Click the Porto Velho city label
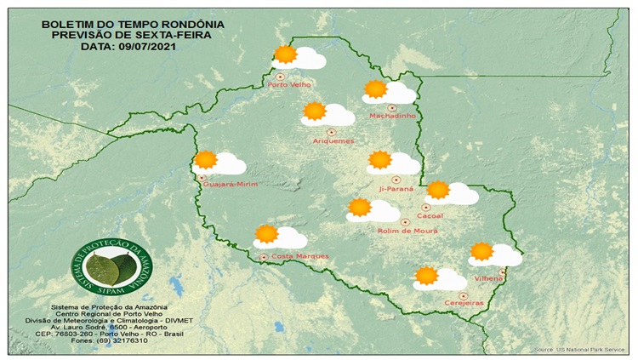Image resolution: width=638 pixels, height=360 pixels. (x=289, y=85)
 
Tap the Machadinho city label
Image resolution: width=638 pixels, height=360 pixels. (x=391, y=117)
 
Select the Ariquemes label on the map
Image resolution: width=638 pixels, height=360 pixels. (x=333, y=140)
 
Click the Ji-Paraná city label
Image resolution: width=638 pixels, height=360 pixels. (x=396, y=188)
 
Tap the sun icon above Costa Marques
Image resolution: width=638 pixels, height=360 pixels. (x=267, y=234)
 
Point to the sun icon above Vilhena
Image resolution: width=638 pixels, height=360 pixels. (x=482, y=250)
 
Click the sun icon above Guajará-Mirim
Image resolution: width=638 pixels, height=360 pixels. (x=206, y=159)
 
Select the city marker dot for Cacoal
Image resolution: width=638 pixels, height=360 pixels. (x=427, y=206)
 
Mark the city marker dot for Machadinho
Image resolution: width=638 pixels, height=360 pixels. (x=392, y=107)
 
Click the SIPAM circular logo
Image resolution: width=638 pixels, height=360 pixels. (x=105, y=268)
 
